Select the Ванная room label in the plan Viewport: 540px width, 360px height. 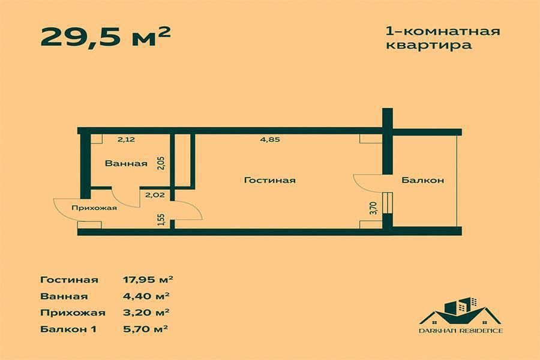126,163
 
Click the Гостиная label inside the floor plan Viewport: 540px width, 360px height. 270,180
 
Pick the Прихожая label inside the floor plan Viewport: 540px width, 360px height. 94,208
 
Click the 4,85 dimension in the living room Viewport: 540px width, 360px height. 270,140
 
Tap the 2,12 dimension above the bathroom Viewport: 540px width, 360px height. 126,140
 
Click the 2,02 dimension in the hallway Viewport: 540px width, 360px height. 153,194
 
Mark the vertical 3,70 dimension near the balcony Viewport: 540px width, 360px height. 373,208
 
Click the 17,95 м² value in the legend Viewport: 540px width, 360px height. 148,279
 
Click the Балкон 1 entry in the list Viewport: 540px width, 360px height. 68,329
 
